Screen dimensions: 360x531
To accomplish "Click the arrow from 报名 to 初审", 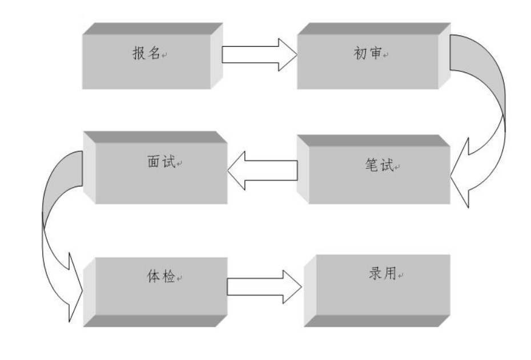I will [x=258, y=55].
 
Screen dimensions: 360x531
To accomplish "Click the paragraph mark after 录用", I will [x=401, y=277].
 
